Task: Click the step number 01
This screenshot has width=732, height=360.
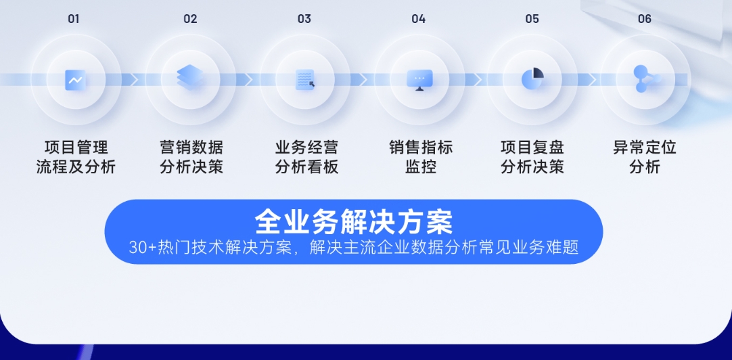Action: pos(74,19)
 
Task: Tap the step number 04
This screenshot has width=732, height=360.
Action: pos(418,19)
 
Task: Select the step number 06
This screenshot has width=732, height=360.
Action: pos(644,19)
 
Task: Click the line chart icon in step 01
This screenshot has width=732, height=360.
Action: pos(75,80)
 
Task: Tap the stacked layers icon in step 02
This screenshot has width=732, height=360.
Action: pos(189,78)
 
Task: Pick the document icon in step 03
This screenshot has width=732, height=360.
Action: pos(305,80)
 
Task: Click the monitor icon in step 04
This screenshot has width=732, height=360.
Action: pos(419,80)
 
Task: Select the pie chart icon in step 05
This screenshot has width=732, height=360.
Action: pos(532,78)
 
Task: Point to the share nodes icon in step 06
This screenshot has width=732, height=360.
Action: pos(646,78)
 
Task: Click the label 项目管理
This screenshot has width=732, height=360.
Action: pos(76,148)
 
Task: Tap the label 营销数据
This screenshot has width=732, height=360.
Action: pos(191,148)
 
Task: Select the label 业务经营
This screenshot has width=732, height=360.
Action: pos(306,148)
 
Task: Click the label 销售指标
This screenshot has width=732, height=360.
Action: pos(421,148)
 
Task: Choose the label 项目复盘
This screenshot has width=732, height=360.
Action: pos(532,148)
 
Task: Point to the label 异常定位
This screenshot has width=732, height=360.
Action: pos(645,148)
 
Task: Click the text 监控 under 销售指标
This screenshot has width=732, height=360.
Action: pos(421,166)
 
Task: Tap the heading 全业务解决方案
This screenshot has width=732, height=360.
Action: pos(354,222)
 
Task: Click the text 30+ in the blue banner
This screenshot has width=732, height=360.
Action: pos(143,248)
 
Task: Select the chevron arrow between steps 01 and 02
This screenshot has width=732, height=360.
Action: pos(134,80)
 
